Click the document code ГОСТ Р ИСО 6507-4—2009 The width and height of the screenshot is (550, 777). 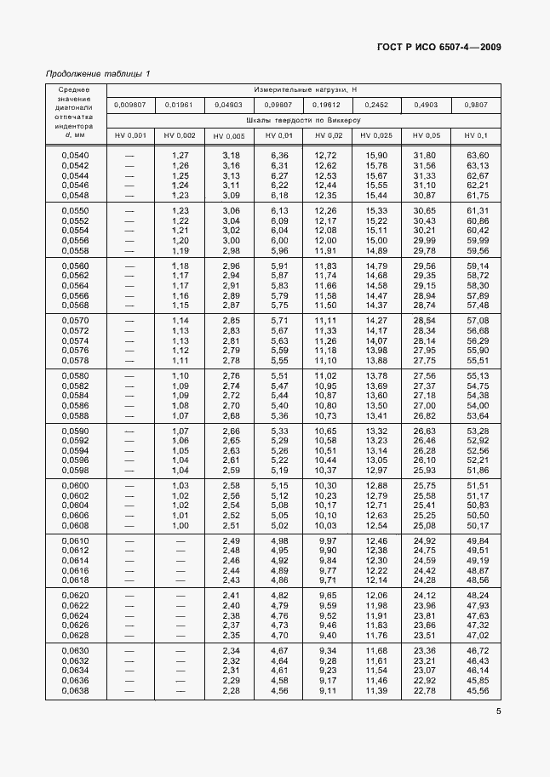(439, 47)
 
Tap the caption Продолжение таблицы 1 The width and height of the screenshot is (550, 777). (97, 73)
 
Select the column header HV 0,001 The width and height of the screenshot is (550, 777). (130, 136)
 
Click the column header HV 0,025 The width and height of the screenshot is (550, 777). (376, 136)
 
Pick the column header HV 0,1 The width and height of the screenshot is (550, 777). (477, 136)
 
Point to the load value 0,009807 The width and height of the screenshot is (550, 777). (130, 105)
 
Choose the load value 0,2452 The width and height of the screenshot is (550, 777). (376, 105)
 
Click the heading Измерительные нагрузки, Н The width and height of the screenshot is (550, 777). (304, 89)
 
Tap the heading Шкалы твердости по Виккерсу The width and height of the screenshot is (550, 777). (304, 120)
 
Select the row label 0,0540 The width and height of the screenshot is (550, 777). (76, 155)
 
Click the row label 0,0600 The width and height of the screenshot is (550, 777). (76, 485)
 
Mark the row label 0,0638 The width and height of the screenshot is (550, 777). (76, 690)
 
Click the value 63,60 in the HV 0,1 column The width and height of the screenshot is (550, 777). (477, 155)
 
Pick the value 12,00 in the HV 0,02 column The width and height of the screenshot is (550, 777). (326, 240)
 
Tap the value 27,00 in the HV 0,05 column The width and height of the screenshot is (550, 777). (424, 405)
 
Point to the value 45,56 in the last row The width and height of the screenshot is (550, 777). (477, 690)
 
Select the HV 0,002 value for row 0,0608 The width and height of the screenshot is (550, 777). (180, 526)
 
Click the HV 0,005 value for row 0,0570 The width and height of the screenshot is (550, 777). (231, 320)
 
